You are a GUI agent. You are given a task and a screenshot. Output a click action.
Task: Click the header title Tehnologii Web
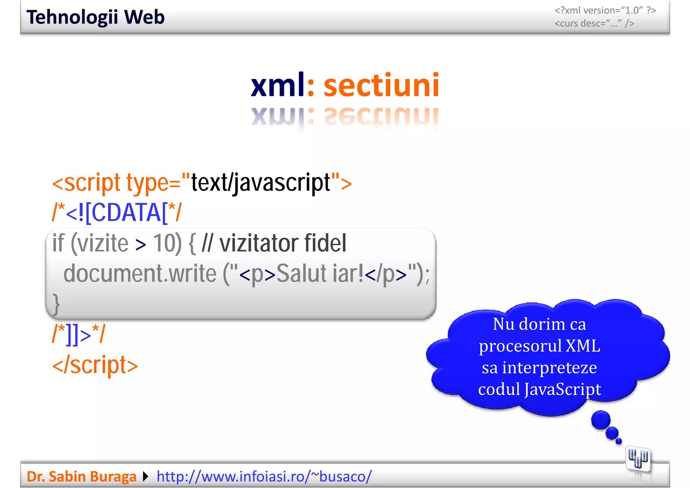click(x=95, y=17)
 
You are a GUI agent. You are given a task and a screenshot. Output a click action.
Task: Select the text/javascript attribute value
click(x=260, y=183)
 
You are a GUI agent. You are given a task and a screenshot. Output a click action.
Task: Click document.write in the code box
click(x=140, y=273)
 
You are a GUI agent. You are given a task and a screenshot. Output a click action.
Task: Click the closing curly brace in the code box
click(x=56, y=303)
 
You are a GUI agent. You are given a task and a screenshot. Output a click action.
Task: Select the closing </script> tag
click(x=95, y=365)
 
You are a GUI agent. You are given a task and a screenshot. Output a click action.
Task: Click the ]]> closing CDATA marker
click(x=79, y=335)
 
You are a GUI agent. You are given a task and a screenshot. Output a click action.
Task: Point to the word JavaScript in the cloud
click(x=563, y=389)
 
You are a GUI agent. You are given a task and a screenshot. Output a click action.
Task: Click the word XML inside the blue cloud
click(x=583, y=346)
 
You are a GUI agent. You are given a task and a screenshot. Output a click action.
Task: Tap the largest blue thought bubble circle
click(x=601, y=420)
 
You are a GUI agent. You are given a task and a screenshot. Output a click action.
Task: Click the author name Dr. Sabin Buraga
click(x=82, y=477)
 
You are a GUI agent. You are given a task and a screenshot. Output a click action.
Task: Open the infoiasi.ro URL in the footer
click(x=264, y=477)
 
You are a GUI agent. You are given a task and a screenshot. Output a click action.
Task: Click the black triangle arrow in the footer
click(x=146, y=477)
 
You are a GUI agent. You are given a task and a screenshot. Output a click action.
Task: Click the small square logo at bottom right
click(x=638, y=458)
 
